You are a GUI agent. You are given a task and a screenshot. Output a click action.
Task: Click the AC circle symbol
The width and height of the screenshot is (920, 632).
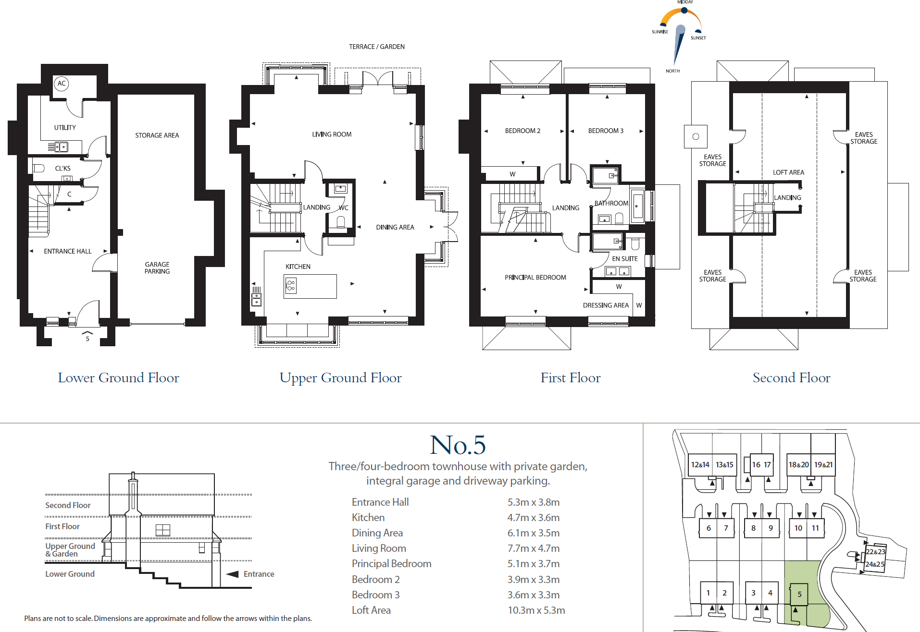[62, 84]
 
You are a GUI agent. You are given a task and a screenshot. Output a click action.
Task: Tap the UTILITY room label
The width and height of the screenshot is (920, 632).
[65, 128]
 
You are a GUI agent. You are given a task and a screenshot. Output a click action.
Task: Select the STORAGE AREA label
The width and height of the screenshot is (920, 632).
[157, 135]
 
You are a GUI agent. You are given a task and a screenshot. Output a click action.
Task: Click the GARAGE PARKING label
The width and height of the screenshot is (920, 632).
[157, 268]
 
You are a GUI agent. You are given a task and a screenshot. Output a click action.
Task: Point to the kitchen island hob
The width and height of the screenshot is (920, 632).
[291, 286]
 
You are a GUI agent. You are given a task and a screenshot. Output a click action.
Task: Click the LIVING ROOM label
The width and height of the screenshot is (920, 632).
[332, 134]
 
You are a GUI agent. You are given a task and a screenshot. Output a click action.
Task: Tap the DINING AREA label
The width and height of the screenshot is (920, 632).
[395, 227]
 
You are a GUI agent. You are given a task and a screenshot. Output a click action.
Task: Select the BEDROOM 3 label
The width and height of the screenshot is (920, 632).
[606, 131]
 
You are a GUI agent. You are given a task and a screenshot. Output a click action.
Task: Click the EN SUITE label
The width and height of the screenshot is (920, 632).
[624, 258]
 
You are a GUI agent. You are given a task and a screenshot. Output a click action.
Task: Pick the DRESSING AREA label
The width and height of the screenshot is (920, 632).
[606, 305]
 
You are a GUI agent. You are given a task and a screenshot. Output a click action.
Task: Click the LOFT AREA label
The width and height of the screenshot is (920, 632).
[788, 172]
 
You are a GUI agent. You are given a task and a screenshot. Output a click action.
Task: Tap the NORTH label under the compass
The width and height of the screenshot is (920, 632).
[672, 71]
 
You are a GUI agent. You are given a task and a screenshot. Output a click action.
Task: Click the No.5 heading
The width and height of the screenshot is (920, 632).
[458, 445]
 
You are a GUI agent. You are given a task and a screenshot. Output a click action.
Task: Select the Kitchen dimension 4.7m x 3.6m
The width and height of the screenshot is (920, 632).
[533, 518]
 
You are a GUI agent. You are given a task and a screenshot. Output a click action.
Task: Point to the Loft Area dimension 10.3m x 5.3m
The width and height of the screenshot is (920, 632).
[536, 610]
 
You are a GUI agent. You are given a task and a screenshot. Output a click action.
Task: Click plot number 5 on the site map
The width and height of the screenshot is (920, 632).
[799, 594]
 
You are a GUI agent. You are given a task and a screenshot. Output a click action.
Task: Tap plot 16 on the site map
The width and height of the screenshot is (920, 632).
[756, 464]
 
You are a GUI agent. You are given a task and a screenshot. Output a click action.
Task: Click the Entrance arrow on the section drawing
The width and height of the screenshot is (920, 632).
[233, 574]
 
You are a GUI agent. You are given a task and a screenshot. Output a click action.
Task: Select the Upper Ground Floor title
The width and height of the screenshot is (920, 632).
[340, 378]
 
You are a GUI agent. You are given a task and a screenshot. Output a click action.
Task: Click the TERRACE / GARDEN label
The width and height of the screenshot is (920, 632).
[376, 47]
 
